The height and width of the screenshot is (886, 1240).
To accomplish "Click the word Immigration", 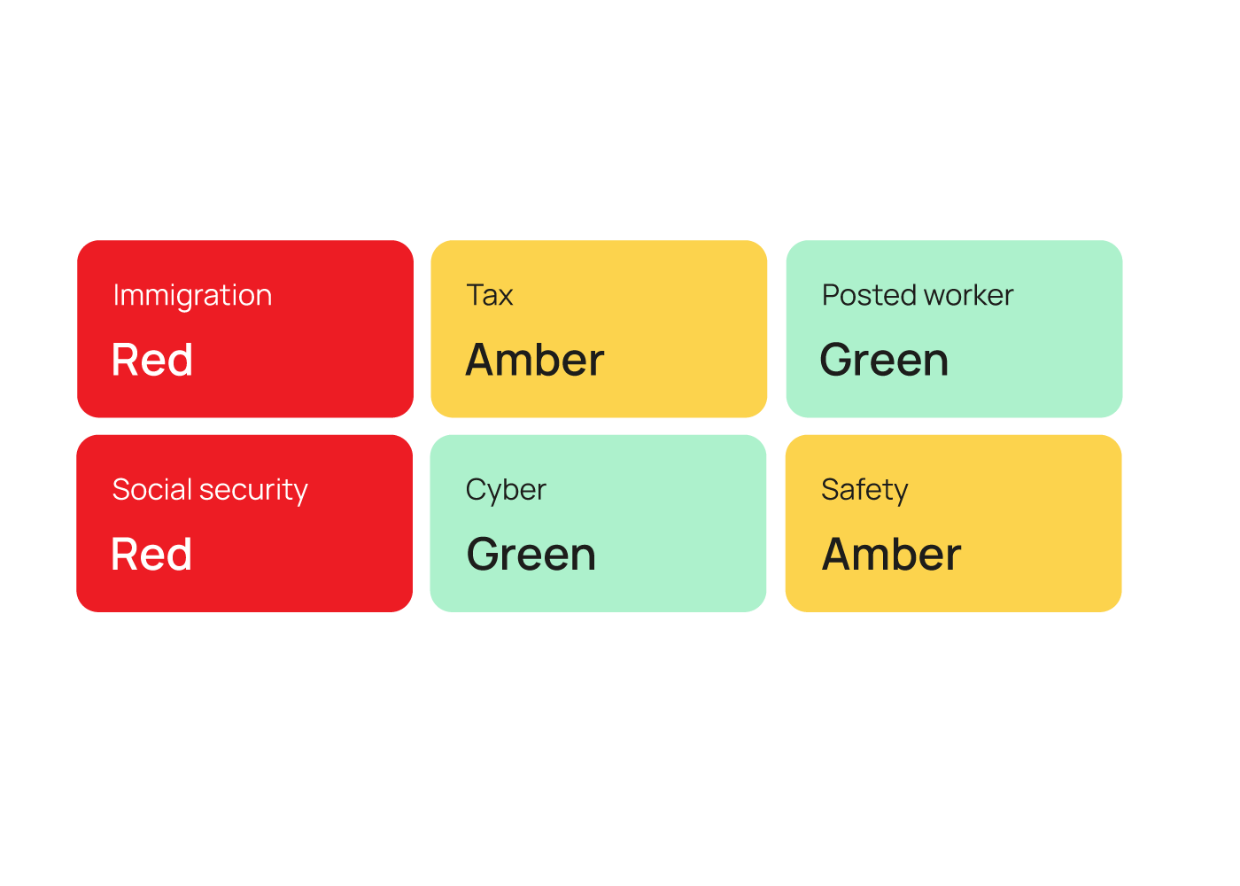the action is click(x=193, y=296).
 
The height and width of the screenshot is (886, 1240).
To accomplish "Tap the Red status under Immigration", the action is click(x=152, y=360).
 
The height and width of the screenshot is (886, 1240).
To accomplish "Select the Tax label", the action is click(x=490, y=294).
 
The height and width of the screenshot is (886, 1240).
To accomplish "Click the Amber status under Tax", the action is click(x=535, y=360).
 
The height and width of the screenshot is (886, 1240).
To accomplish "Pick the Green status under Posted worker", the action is click(x=884, y=360).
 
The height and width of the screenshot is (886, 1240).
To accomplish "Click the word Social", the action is click(x=152, y=489).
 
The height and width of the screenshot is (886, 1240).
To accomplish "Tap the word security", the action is click(x=253, y=491).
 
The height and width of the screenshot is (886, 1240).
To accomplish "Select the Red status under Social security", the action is click(x=151, y=555).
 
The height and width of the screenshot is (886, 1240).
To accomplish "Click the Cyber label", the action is click(x=506, y=491).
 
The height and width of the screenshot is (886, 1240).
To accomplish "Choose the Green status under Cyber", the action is click(x=531, y=555).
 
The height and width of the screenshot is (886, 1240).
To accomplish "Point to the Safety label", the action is click(x=864, y=491).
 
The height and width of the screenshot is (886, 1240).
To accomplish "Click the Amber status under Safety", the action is click(x=891, y=555).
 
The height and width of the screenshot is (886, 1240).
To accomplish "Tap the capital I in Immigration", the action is click(x=116, y=294).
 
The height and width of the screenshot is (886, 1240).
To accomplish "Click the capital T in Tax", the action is click(x=477, y=294).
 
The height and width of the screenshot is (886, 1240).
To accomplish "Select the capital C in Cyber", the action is click(x=477, y=489).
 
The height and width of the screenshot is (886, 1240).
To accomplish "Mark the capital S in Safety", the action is click(x=831, y=489).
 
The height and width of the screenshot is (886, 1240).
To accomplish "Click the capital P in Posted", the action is click(x=832, y=294).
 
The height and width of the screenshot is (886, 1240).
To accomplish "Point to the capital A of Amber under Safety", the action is click(x=839, y=554).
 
